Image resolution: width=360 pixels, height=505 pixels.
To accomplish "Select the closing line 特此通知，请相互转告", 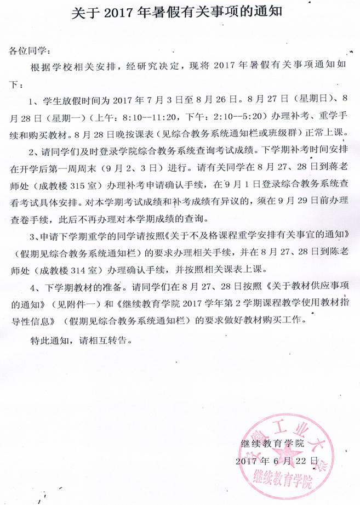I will (x=81, y=340).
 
